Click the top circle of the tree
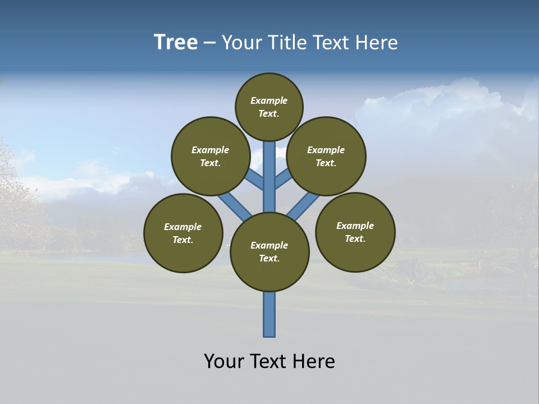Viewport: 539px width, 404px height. click(269, 107)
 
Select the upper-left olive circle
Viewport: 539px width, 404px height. click(211, 156)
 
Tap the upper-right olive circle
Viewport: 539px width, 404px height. click(326, 156)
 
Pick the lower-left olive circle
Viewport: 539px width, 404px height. click(183, 233)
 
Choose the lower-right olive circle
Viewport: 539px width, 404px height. click(355, 232)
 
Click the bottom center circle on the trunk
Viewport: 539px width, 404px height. click(269, 252)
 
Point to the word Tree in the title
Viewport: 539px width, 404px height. click(176, 42)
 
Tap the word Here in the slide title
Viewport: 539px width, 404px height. click(377, 43)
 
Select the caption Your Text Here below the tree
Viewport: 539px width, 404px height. click(269, 361)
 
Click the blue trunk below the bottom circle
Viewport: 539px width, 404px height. click(269, 314)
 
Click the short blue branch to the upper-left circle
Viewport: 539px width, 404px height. click(255, 180)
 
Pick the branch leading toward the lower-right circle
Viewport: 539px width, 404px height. click(303, 206)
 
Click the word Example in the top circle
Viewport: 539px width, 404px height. click(269, 101)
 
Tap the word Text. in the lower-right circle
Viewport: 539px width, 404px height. click(355, 238)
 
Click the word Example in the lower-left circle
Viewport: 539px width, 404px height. click(183, 227)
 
